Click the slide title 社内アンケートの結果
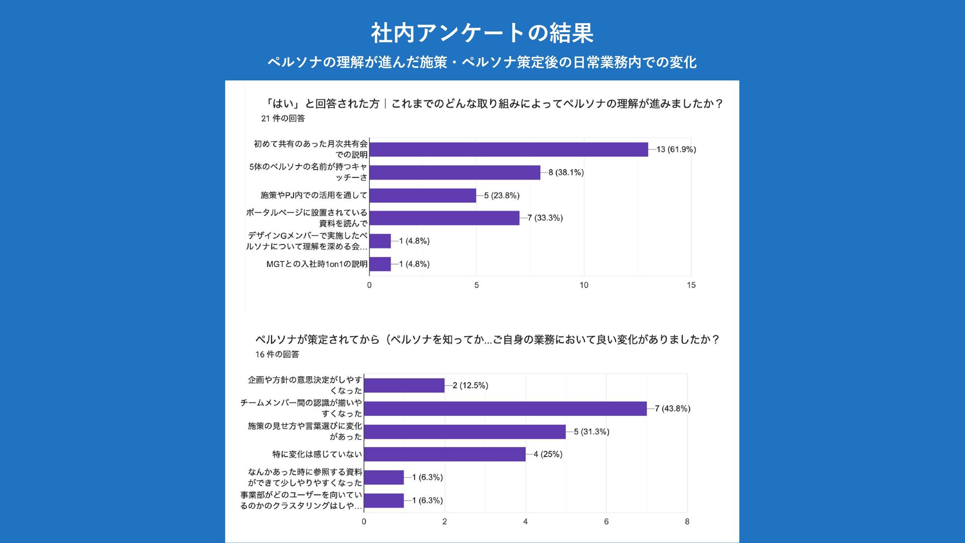pyautogui.click(x=482, y=33)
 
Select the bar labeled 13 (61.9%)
pyautogui.click(x=509, y=149)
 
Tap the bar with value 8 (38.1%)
pyautogui.click(x=455, y=172)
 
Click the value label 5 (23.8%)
pyautogui.click(x=502, y=196)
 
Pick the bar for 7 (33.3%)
pyautogui.click(x=444, y=218)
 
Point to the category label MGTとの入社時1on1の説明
pyautogui.click(x=317, y=264)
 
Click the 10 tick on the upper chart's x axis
pyautogui.click(x=584, y=285)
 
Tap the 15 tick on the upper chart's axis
pyautogui.click(x=691, y=285)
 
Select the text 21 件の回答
pyautogui.click(x=283, y=119)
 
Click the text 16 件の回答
pyautogui.click(x=277, y=354)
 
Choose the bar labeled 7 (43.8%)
pyautogui.click(x=505, y=409)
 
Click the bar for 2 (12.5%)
pyautogui.click(x=404, y=386)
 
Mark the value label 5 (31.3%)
pyautogui.click(x=592, y=432)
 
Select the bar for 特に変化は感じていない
pyautogui.click(x=445, y=455)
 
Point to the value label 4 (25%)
pyautogui.click(x=548, y=455)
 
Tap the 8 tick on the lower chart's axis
pyautogui.click(x=687, y=522)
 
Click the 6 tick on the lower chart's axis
pyautogui.click(x=606, y=522)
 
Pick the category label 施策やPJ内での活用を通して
pyautogui.click(x=314, y=195)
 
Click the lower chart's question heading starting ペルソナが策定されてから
pyautogui.click(x=487, y=340)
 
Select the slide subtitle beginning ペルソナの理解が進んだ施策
pyautogui.click(x=482, y=62)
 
